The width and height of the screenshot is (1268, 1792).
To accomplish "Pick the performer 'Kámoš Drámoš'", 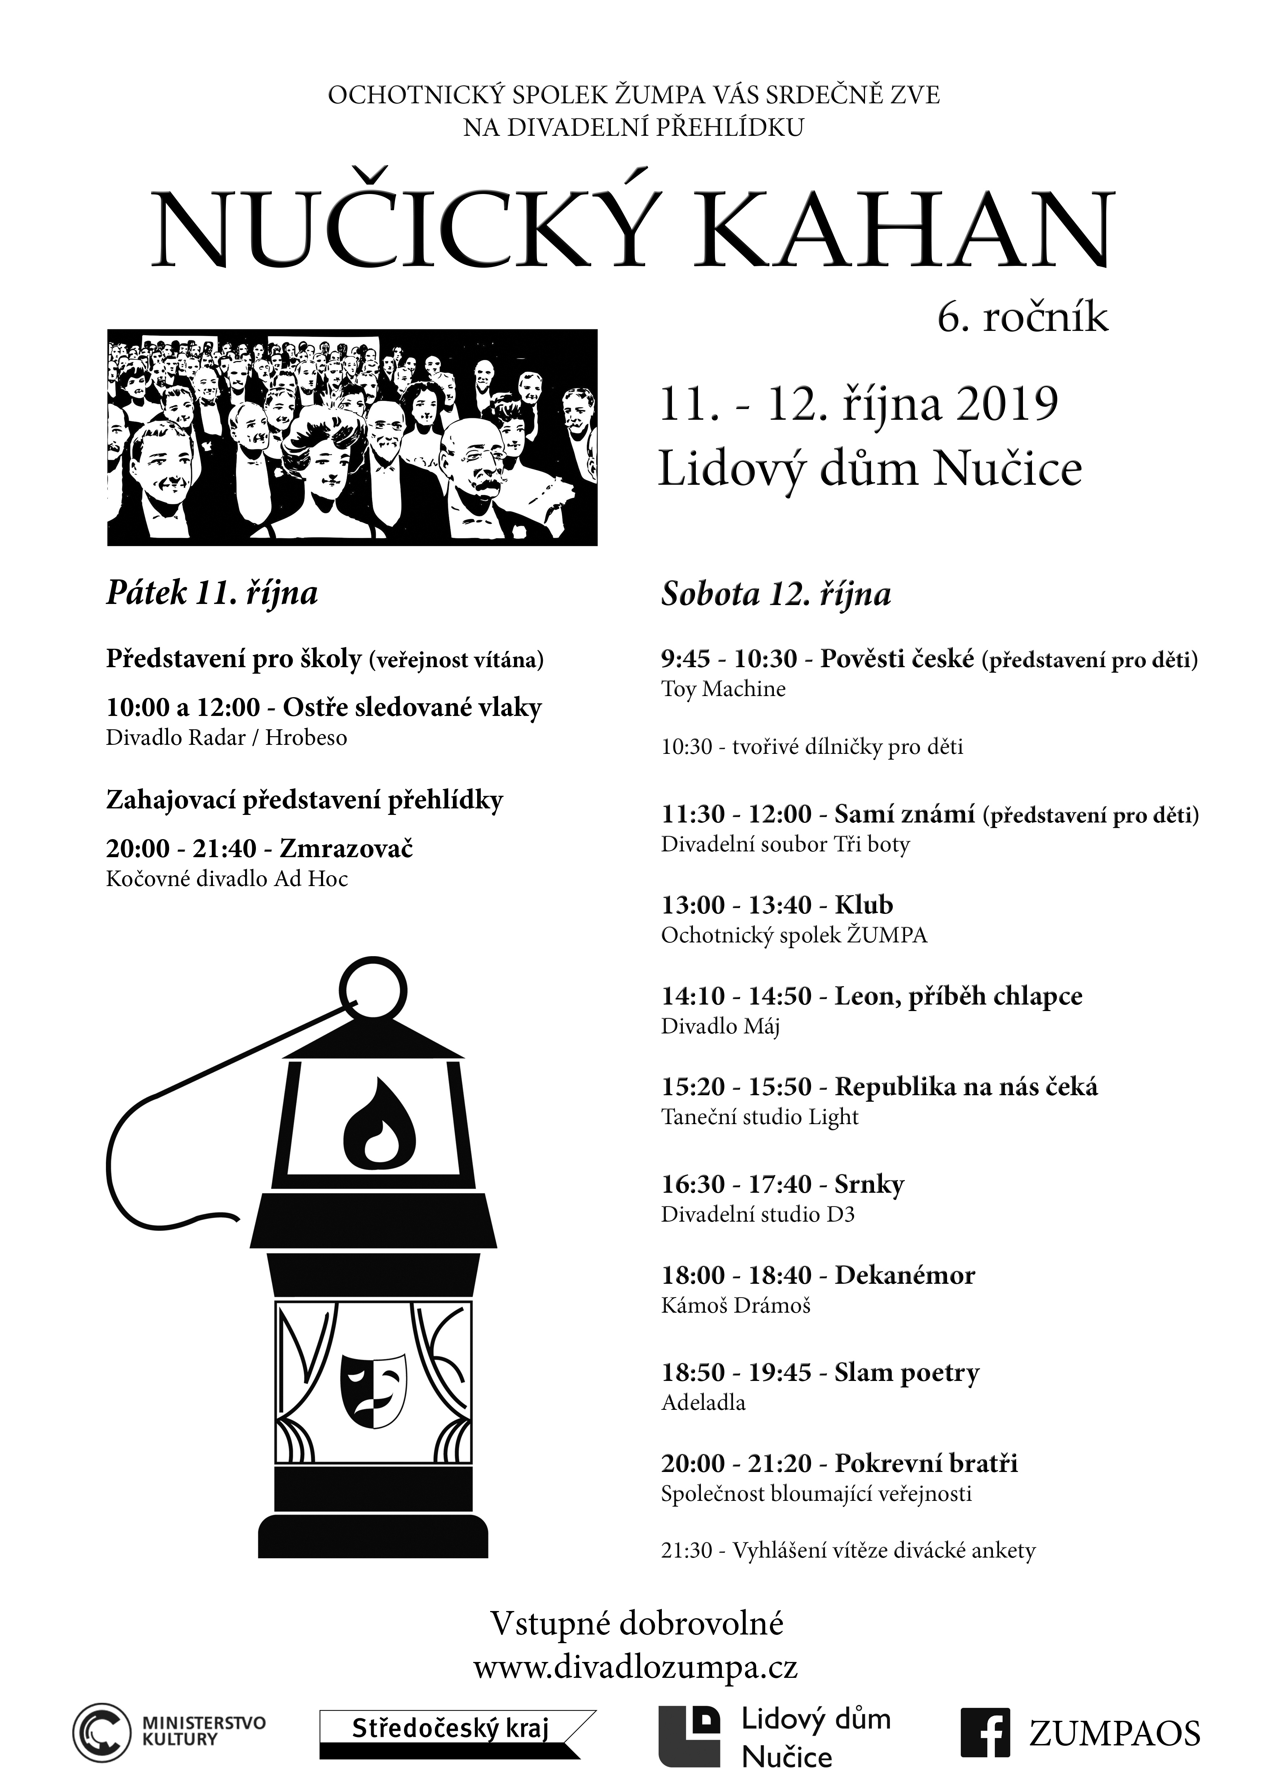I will click(x=736, y=1306).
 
